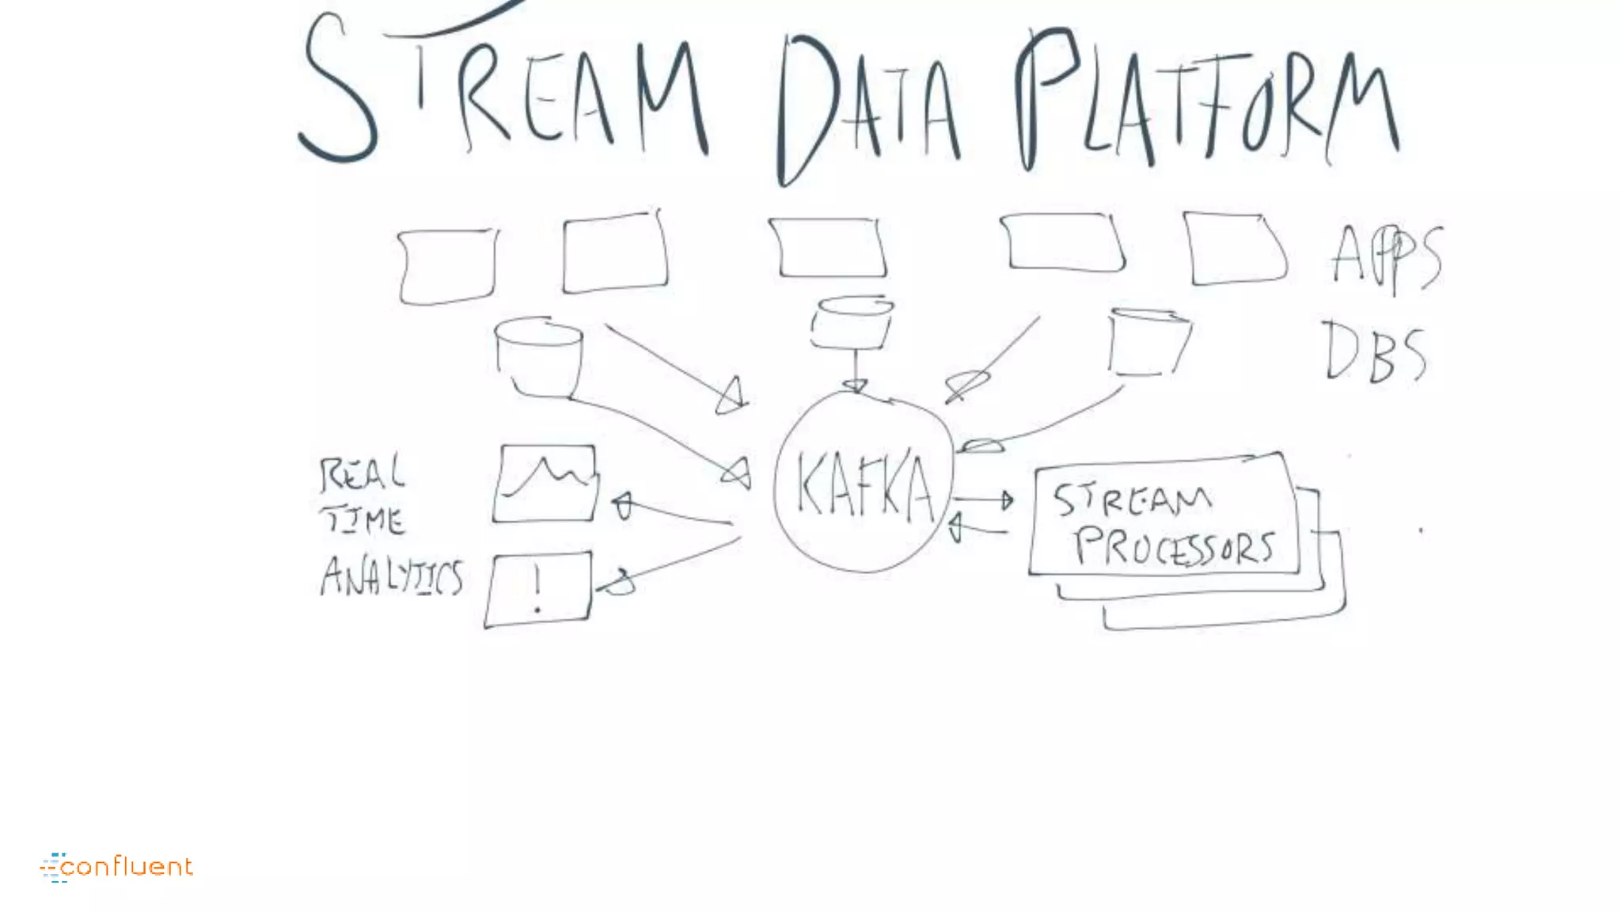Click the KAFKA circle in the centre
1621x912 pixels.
864,483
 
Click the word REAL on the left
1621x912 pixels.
362,474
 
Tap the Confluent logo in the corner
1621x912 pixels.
117,867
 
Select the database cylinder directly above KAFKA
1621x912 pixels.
852,322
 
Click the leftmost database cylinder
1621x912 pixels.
539,356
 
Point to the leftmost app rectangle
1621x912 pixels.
447,266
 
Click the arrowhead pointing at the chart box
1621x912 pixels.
624,505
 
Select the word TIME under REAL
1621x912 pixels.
363,520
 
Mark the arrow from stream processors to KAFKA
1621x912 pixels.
978,528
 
